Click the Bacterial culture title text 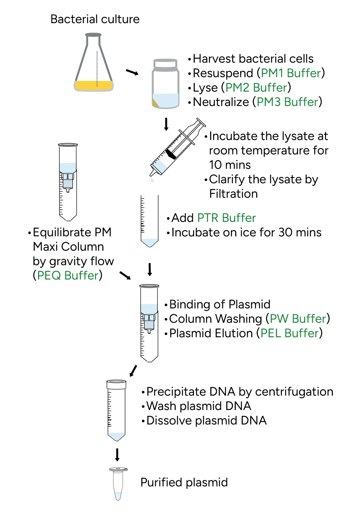click(95, 19)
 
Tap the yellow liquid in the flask click(93, 85)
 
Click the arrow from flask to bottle click(132, 72)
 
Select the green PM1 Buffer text click(291, 73)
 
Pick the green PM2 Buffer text click(256, 87)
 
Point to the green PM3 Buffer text click(287, 102)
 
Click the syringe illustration click(177, 148)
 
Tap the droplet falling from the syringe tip click(152, 180)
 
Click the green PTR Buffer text click(226, 218)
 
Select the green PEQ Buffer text click(68, 275)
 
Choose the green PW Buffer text click(298, 319)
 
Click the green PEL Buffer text click(290, 333)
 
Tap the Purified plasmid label click(184, 482)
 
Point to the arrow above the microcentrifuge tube click(117, 454)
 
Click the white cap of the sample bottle click(166, 64)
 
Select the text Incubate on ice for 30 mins click(246, 232)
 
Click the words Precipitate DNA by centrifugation click(239, 391)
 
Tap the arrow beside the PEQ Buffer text click(125, 276)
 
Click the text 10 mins click(230, 165)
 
